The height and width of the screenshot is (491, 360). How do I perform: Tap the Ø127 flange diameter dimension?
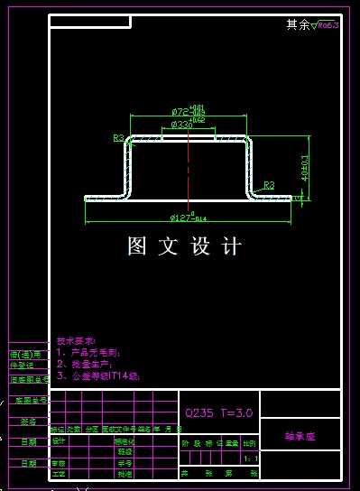185,218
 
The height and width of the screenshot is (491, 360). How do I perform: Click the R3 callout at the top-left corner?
118,138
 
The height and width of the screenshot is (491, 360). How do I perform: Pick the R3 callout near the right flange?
269,184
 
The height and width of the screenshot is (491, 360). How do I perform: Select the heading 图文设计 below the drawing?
185,245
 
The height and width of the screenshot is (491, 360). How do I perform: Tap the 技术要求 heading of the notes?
74,342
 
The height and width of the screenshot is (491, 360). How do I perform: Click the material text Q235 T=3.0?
219,412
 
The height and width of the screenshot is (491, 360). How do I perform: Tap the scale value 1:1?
249,459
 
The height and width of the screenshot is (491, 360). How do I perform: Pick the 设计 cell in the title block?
60,440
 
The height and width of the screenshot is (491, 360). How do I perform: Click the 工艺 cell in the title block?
60,473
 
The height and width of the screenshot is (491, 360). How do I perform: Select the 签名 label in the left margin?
28,421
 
